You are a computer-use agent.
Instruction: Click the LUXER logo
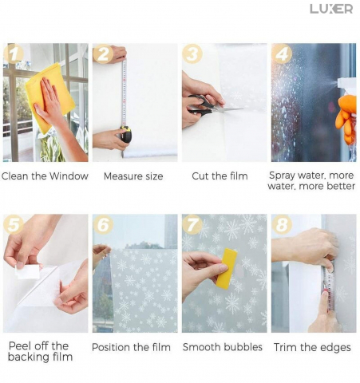pos(331,9)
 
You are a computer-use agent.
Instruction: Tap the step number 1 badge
pos(14,53)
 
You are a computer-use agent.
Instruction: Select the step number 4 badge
pos(282,53)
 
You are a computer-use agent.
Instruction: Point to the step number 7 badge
pos(192,225)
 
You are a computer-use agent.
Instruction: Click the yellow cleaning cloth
pos(49,97)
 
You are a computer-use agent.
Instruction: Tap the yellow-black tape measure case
pos(125,134)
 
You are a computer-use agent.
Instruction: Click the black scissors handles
pos(200,105)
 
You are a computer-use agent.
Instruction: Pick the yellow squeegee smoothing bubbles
pos(226,268)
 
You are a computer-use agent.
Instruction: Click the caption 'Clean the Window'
pos(45,176)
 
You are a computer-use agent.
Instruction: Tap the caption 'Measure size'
pos(133,176)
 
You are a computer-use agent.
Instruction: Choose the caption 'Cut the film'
pos(220,176)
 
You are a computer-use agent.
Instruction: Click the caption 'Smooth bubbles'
pos(223,347)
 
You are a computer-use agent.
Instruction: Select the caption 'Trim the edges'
pos(312,347)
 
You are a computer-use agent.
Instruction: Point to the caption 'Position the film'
pos(131,347)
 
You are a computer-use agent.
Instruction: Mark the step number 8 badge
pos(282,225)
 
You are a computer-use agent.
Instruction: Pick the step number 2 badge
pos(103,53)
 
